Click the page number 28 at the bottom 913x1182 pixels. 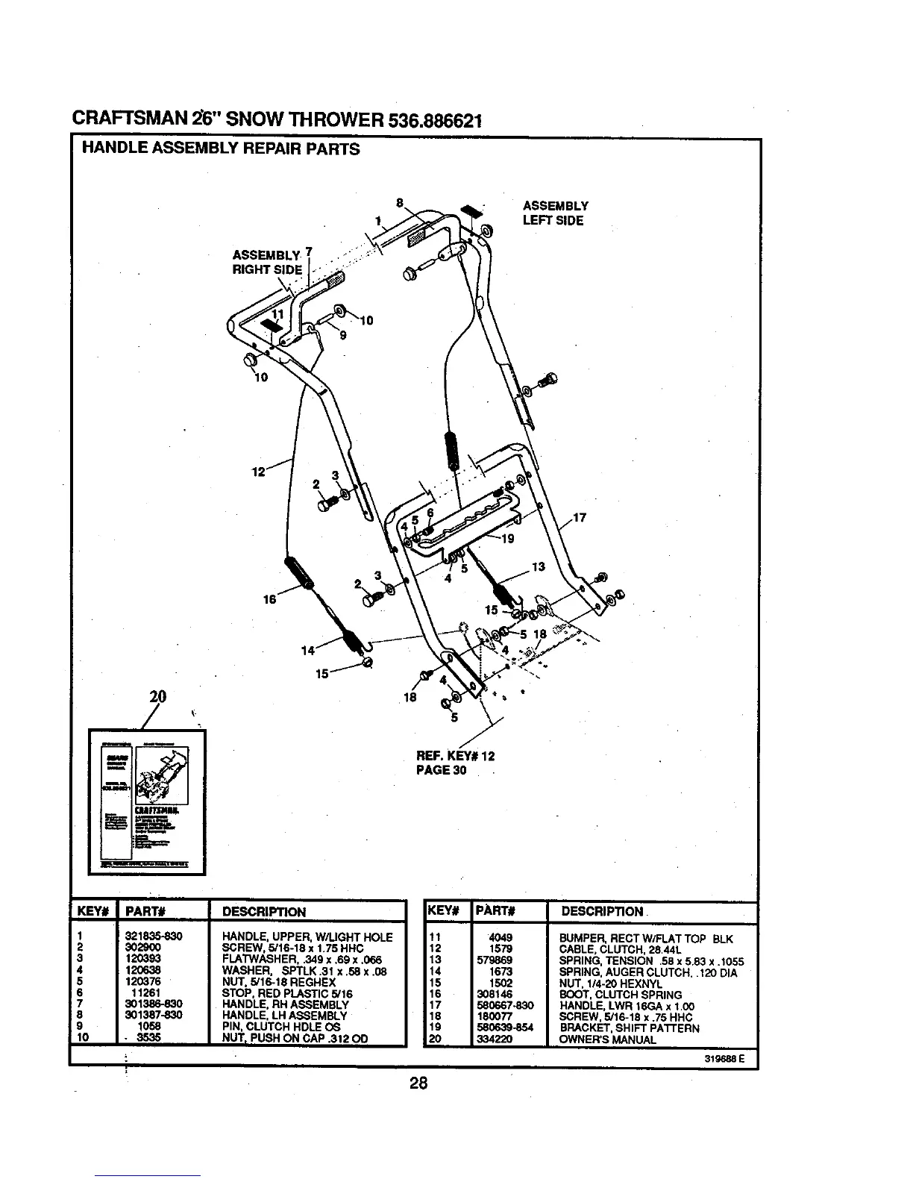417,1084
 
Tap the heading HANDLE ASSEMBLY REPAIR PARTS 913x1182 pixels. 220,148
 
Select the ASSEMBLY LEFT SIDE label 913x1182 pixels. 555,213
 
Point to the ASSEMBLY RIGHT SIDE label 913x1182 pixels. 268,262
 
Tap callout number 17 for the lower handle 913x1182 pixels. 580,517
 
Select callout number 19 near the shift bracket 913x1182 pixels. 507,540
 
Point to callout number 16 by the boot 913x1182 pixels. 269,598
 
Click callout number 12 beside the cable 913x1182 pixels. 259,472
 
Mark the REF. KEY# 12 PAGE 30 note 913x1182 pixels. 455,763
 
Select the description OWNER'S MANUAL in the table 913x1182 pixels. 608,1039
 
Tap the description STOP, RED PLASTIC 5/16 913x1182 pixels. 287,995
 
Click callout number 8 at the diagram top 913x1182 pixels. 400,202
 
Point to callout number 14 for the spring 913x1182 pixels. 307,649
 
